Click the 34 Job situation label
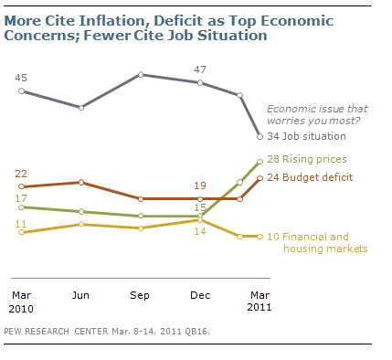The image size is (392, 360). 306,136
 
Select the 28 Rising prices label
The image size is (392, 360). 307,159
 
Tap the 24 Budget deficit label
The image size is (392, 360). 310,177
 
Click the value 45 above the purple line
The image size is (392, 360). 21,78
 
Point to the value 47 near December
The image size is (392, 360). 200,69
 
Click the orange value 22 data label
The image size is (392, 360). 21,174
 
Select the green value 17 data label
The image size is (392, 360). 21,198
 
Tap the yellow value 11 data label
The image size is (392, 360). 21,224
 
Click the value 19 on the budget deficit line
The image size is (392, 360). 200,185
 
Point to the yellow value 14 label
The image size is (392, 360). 200,231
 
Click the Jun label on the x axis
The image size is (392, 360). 80,295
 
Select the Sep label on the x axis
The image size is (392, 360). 140,295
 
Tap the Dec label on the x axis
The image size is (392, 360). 200,295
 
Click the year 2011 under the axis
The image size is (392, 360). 260,307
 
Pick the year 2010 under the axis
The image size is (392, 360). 21,309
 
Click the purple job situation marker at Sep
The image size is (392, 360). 141,75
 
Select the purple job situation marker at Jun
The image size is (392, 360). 81,108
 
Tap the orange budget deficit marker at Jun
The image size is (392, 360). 81,182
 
